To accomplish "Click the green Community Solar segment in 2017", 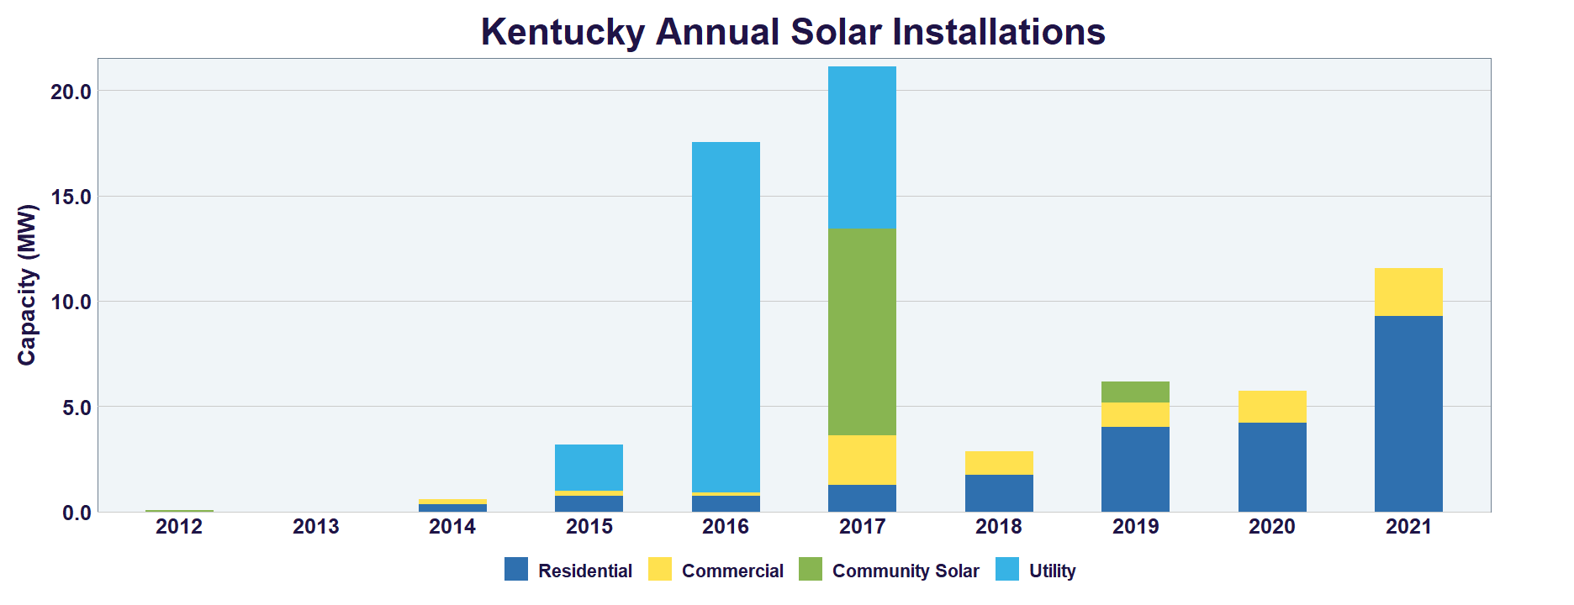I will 862,332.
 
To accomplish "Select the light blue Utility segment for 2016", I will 726,317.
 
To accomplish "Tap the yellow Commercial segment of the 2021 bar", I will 1408,292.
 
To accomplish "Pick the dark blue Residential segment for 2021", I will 1408,413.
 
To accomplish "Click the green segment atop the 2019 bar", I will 1135,392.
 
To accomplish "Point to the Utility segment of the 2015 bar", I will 589,467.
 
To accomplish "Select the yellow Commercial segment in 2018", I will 999,463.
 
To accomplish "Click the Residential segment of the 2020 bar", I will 1272,467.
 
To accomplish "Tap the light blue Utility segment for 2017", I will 862,147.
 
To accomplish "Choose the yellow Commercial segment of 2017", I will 862,460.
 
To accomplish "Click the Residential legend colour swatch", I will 516,570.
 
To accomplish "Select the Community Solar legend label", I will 905,571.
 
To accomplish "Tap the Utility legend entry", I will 1052,571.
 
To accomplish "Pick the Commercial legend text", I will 732,571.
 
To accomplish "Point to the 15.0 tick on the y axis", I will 71,197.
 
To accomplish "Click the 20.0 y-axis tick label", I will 71,92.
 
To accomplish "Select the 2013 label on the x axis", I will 315,527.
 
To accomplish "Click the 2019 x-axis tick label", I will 1135,527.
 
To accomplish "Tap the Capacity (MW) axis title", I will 27,285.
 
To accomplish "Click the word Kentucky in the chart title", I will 562,32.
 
